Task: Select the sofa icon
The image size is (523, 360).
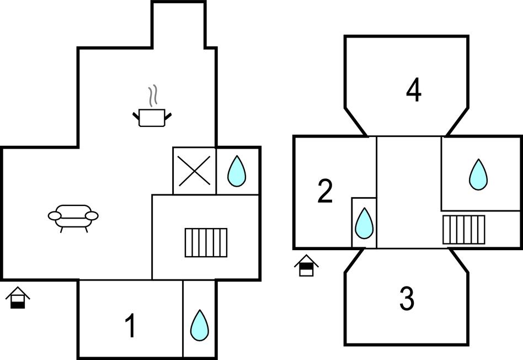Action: click(x=73, y=216)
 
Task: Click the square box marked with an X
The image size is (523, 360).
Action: click(x=194, y=171)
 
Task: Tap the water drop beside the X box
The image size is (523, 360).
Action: click(x=237, y=171)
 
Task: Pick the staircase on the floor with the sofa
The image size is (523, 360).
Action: click(x=206, y=242)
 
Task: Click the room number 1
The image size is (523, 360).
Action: click(x=130, y=326)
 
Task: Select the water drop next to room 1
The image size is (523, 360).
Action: click(x=199, y=325)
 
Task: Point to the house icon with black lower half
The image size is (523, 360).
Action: click(x=18, y=298)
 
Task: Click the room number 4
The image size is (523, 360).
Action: click(x=414, y=91)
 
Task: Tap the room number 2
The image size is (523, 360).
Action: click(x=325, y=192)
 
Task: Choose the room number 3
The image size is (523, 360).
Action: click(x=407, y=299)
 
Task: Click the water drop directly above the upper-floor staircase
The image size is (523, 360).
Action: click(x=478, y=174)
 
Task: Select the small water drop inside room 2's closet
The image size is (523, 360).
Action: click(x=364, y=223)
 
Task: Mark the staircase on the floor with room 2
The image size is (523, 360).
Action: click(x=464, y=230)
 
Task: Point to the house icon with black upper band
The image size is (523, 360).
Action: click(x=306, y=266)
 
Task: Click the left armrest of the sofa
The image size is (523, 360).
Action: click(x=54, y=215)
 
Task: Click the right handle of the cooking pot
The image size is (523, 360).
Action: click(x=168, y=115)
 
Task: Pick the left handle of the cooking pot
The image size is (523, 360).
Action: click(x=136, y=115)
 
